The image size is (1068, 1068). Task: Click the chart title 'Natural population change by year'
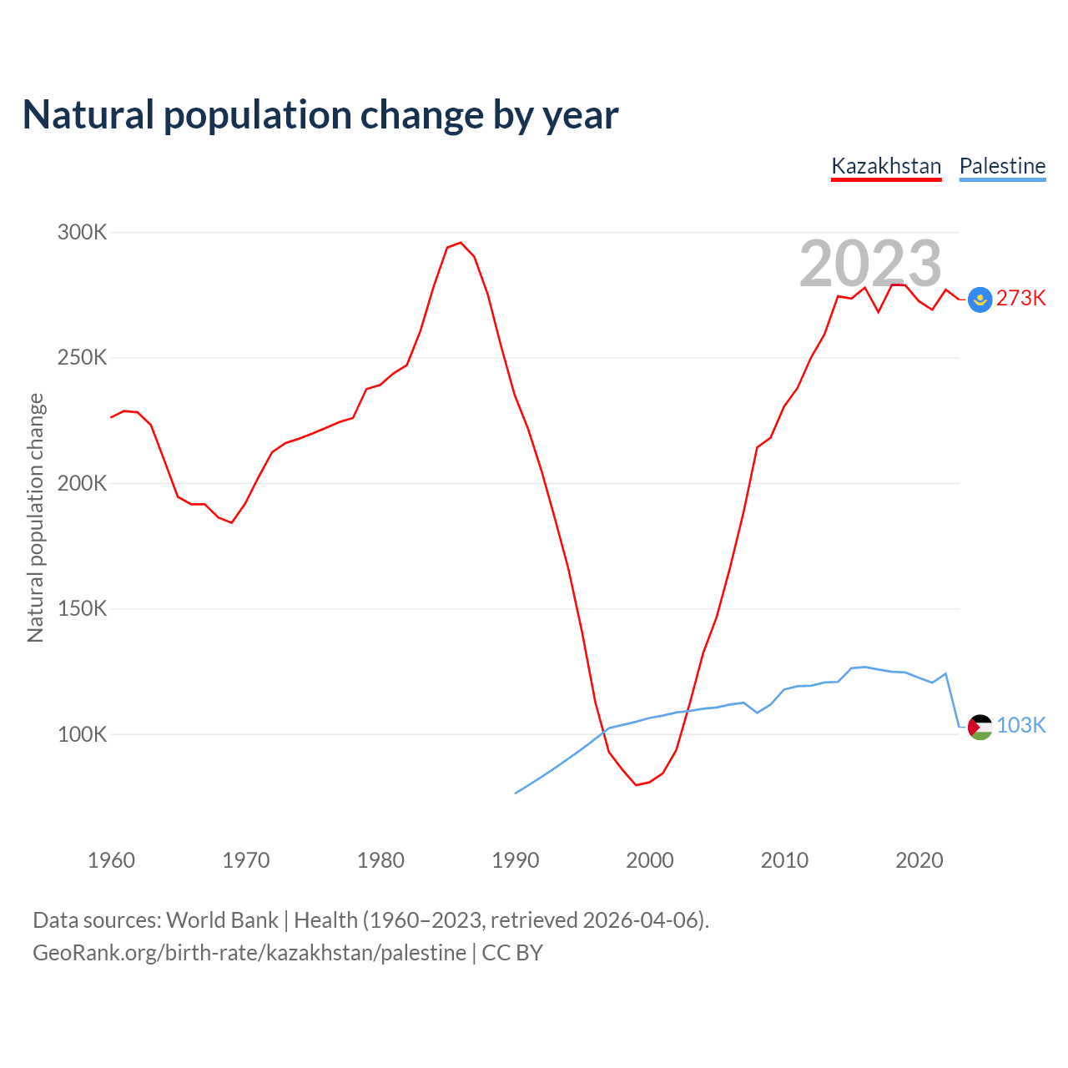coord(320,115)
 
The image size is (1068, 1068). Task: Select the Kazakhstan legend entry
coord(886,166)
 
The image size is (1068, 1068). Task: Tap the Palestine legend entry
coord(1002,166)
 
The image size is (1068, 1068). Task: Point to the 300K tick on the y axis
coord(82,232)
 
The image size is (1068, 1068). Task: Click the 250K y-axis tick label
coord(82,358)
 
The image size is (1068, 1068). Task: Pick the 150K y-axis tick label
coord(82,609)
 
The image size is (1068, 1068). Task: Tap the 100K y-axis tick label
coord(82,734)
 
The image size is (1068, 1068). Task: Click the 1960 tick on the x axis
coord(111,860)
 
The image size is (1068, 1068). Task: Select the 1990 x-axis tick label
coord(516,860)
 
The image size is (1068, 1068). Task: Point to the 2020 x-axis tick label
coord(919,860)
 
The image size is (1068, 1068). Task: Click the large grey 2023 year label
coord(870,264)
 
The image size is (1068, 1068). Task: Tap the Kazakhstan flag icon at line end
coord(980,300)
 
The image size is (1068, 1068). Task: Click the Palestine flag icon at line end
coord(980,727)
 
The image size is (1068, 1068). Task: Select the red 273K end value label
coord(1021,299)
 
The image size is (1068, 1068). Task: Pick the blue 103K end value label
coord(1021,725)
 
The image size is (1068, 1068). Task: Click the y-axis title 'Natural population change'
coord(36,517)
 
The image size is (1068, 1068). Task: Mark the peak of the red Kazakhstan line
coord(461,243)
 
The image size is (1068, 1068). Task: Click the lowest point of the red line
coord(636,785)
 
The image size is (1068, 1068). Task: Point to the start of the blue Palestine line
coord(516,793)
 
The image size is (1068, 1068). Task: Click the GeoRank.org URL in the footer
coord(249,953)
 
